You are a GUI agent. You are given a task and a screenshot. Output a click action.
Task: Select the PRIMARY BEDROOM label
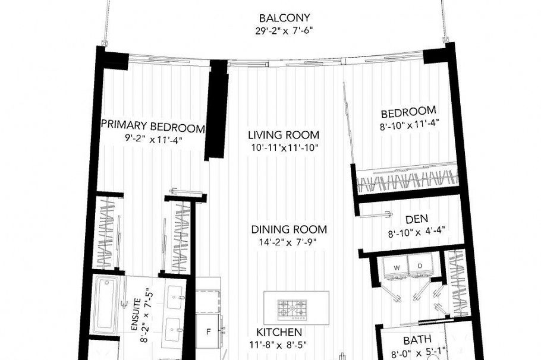pos(153,127)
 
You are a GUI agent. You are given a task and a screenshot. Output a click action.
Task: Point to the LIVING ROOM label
pos(284,135)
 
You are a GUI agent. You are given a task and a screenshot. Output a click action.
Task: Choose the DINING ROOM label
pos(289,229)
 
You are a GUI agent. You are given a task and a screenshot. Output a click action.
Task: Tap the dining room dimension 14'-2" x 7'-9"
pos(289,242)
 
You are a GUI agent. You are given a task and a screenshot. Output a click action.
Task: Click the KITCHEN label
pos(279,332)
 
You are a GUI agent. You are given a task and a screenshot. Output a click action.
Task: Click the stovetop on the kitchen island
pos(293,308)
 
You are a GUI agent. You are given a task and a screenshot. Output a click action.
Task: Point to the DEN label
pos(417,219)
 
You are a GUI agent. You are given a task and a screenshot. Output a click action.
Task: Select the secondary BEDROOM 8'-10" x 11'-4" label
pos(408,112)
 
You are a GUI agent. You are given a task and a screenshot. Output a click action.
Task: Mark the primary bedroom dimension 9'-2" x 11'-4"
pos(153,140)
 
